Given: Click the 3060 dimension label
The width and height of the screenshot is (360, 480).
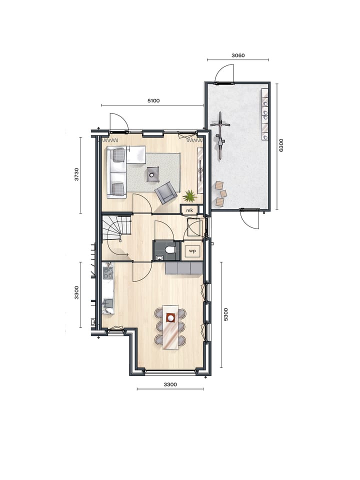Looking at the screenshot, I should pos(238,55).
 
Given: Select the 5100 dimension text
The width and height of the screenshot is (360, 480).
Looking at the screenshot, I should pos(153,100).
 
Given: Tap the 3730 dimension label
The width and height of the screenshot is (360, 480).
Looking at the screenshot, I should pos(76,174).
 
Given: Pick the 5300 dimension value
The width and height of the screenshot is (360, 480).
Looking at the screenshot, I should pos(226,314).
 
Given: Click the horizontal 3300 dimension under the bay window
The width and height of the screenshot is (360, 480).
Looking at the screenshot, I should pos(170,384).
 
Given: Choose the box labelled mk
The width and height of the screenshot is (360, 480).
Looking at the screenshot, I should pos(189,210).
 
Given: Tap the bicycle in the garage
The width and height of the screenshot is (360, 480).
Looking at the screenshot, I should pos(220,135).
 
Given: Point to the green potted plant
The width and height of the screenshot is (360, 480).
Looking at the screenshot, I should pos(190,195).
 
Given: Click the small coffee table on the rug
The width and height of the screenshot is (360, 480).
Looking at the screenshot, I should pos(152,173).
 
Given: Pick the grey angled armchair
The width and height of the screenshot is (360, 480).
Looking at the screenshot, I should pos(165,192).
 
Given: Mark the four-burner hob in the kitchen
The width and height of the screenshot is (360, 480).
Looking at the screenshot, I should pos(107,272).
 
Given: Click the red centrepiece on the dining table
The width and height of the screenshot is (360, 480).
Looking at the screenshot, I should pos(170,317).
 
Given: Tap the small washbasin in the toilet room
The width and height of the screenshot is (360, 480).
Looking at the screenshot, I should pos(159,257).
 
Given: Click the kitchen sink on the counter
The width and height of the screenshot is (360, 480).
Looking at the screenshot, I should pos(107,303).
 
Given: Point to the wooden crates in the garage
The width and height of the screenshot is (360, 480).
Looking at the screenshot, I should pos(220,194).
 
